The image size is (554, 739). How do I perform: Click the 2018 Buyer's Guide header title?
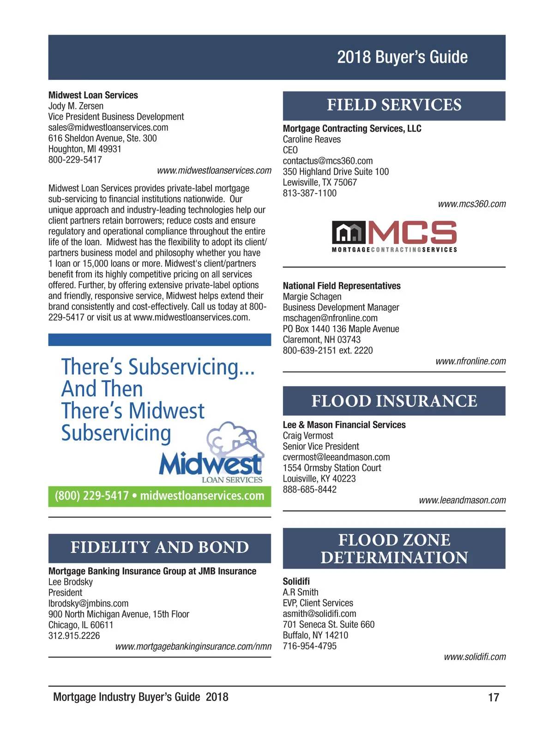402,57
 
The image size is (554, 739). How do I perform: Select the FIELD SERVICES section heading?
394,105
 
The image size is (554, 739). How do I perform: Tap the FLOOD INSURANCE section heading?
394,401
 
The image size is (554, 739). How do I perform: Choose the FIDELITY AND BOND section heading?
159,547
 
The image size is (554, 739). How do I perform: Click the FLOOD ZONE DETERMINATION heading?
394,548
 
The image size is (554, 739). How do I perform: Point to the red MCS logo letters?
412,232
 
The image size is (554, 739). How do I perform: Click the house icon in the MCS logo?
349,232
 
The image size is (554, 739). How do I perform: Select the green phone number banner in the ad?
159,496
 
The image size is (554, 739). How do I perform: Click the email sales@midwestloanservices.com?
108,127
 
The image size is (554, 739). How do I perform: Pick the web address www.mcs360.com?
471,204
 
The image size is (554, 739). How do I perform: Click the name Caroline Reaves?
312,139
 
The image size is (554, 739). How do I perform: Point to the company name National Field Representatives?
342,286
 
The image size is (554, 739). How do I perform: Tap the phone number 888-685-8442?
309,490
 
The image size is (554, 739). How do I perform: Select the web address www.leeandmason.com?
462,500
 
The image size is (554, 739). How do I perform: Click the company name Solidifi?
296,582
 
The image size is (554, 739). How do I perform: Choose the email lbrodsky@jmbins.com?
88,604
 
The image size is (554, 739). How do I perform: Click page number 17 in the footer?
494,697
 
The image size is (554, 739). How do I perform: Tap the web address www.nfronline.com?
470,361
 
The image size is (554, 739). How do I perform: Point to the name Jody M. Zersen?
76,106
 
